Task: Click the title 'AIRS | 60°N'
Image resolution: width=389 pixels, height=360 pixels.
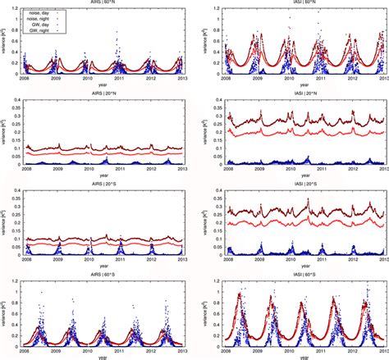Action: click(x=104, y=3)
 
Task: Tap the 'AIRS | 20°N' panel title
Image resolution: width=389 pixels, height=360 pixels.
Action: click(x=104, y=97)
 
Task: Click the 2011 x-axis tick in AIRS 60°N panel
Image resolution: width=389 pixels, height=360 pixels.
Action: click(x=121, y=80)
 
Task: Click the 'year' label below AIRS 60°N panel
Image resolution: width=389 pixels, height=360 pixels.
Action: click(x=104, y=86)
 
